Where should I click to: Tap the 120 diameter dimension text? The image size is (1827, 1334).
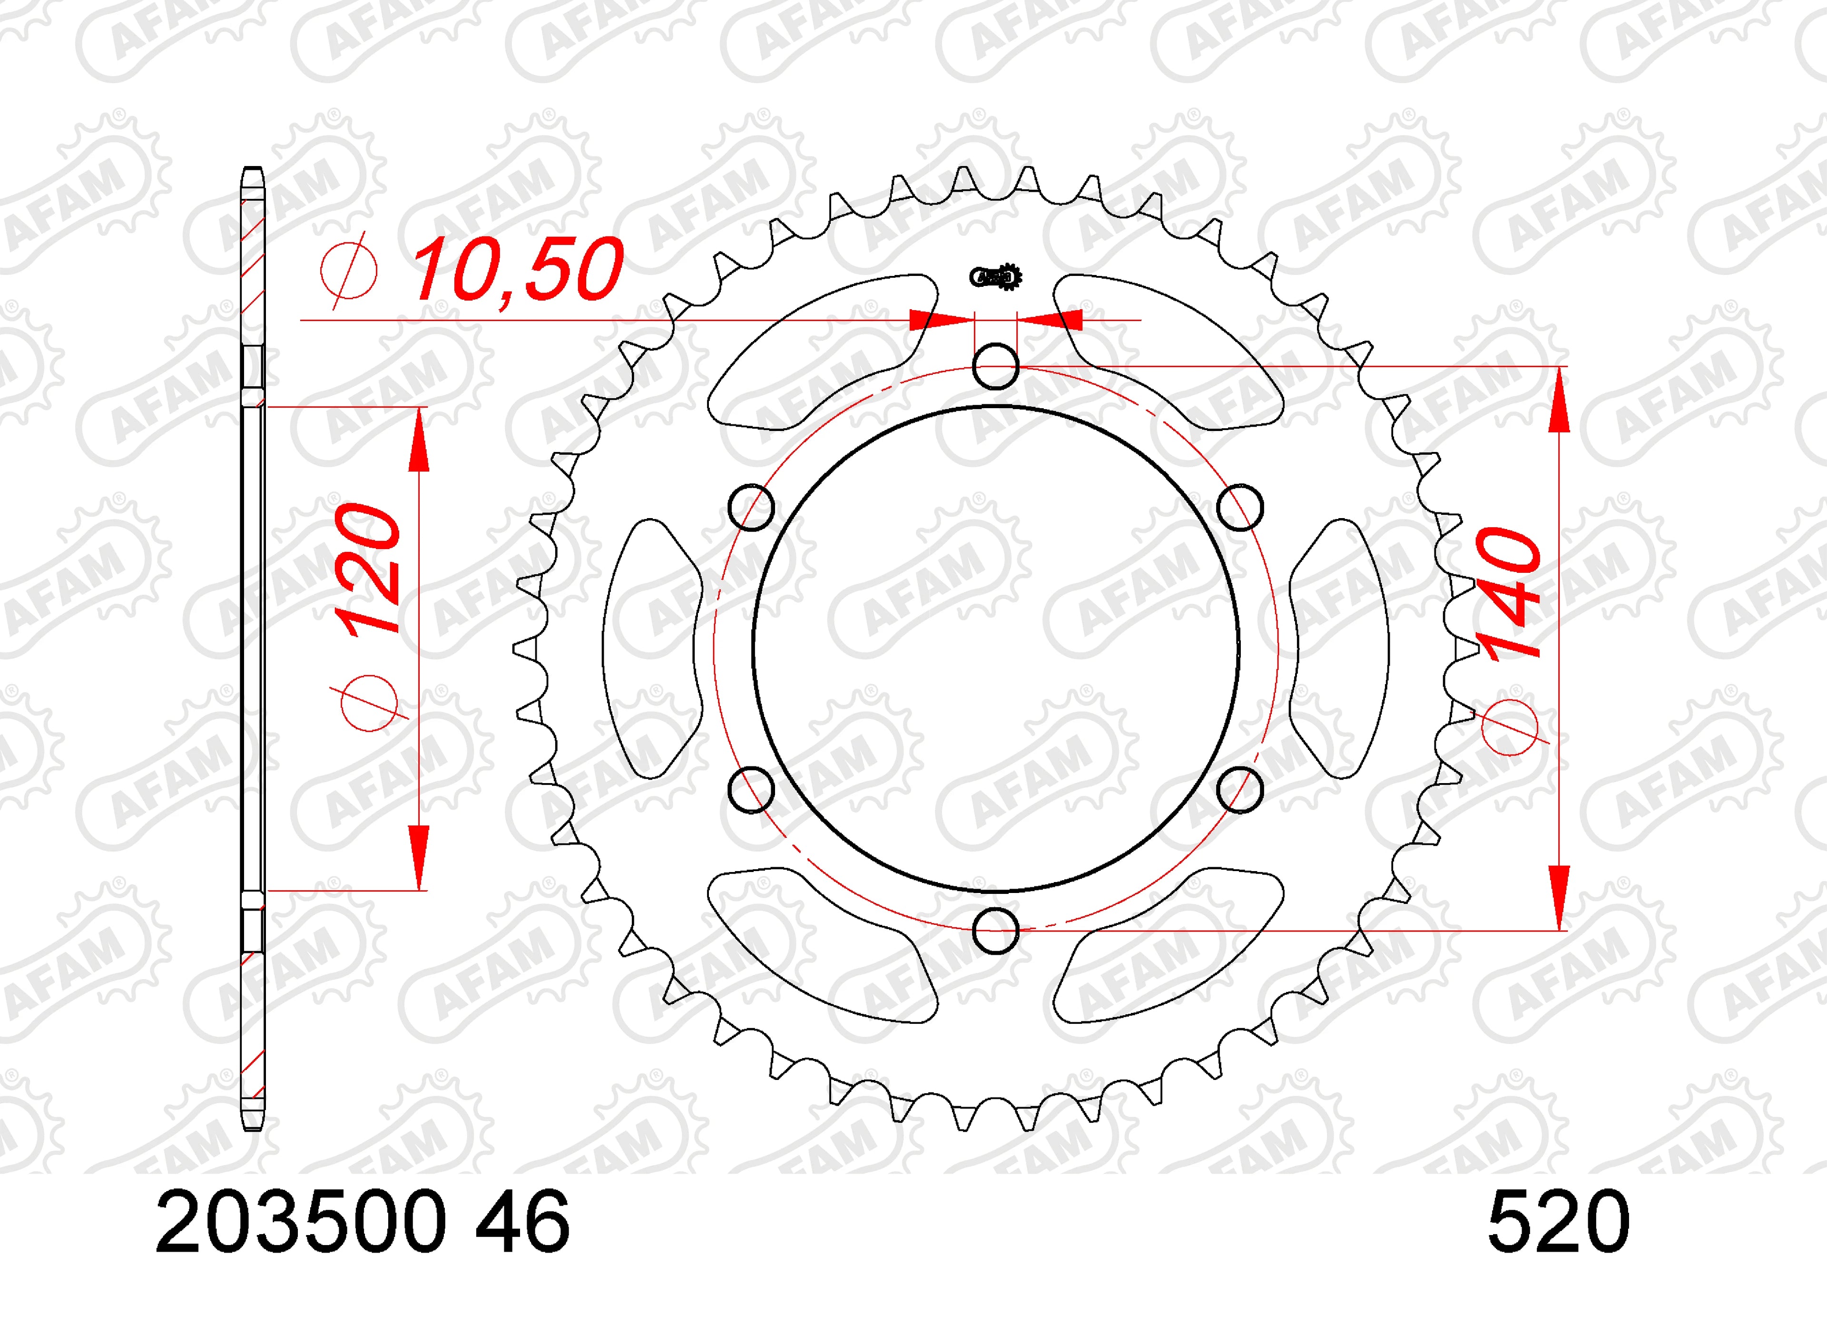(368, 570)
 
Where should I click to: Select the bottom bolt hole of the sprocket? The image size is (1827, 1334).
(995, 930)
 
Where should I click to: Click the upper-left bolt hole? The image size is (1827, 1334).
(751, 507)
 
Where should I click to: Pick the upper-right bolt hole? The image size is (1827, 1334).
(1240, 507)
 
